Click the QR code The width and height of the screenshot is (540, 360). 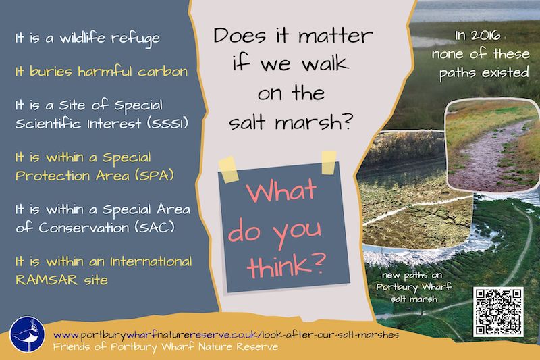(x=498, y=312)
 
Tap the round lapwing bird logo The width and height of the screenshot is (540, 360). (x=27, y=334)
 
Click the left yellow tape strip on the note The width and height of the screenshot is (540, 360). (x=228, y=170)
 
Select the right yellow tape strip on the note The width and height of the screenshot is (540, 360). (x=329, y=162)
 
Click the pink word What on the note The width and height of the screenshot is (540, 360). (x=281, y=190)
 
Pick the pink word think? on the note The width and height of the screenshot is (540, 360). (x=286, y=265)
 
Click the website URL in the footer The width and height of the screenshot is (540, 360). (x=226, y=334)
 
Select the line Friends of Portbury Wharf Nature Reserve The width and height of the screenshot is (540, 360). (x=165, y=346)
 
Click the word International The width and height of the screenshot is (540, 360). (x=151, y=261)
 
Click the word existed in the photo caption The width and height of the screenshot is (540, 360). (x=506, y=73)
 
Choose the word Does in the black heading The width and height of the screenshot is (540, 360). (x=240, y=35)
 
